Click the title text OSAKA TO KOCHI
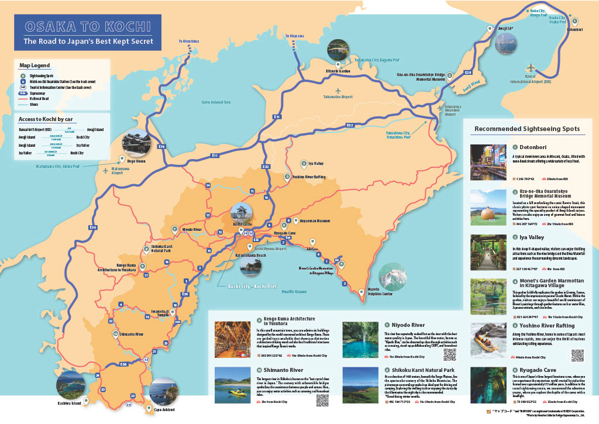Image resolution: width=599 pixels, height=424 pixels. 88,27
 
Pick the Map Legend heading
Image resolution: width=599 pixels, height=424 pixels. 35,65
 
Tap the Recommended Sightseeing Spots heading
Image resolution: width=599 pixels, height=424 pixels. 527,129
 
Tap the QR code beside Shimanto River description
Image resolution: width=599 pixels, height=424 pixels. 322,401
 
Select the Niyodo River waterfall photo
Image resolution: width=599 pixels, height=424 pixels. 361,340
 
